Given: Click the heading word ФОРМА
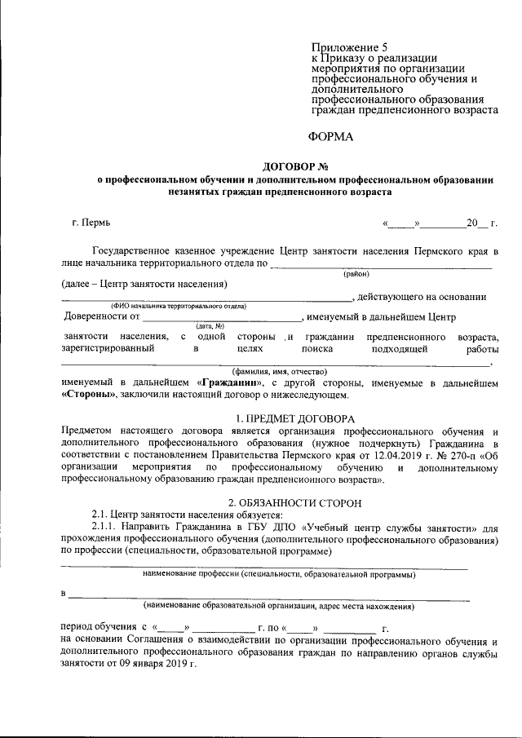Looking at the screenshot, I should (331, 136).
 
